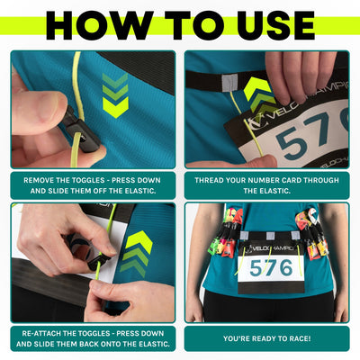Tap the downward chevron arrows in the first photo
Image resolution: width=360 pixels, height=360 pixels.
(x=114, y=95)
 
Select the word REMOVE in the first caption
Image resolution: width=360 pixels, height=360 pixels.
(x=47, y=180)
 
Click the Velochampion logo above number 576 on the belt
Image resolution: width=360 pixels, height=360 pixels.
(x=273, y=246)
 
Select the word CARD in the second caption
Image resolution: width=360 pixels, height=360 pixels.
(x=300, y=180)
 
